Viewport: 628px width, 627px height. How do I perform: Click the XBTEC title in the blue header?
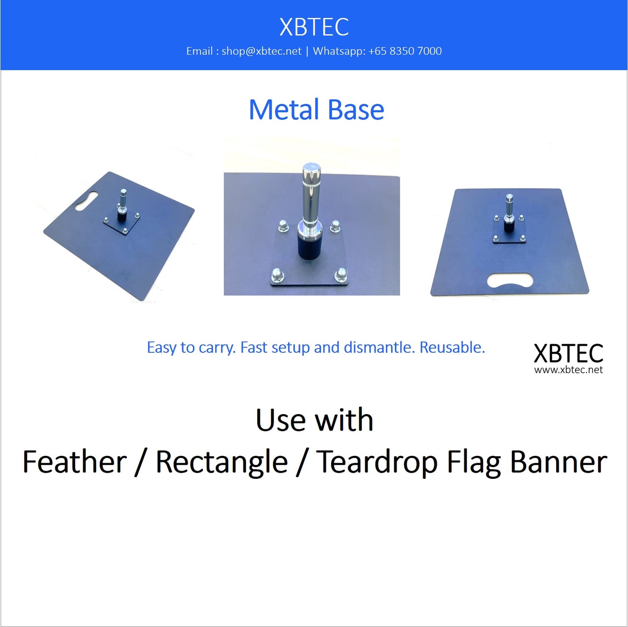[x=314, y=27]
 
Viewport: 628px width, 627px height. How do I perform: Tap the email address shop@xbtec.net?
[x=261, y=51]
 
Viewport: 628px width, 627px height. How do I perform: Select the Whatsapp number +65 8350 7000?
[x=405, y=51]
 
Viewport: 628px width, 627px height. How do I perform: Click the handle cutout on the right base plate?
[x=510, y=280]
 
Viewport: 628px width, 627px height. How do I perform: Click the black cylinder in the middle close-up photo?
[x=310, y=246]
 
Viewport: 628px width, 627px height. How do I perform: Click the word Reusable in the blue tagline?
[x=452, y=348]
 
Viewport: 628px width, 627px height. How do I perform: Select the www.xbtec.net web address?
[x=568, y=370]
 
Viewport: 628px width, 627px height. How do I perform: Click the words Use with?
[x=314, y=420]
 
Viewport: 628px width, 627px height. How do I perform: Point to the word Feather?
[x=74, y=462]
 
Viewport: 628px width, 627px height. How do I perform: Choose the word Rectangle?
[x=222, y=462]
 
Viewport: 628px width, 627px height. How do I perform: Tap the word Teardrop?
[x=377, y=462]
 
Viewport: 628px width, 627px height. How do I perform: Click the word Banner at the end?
[x=558, y=462]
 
